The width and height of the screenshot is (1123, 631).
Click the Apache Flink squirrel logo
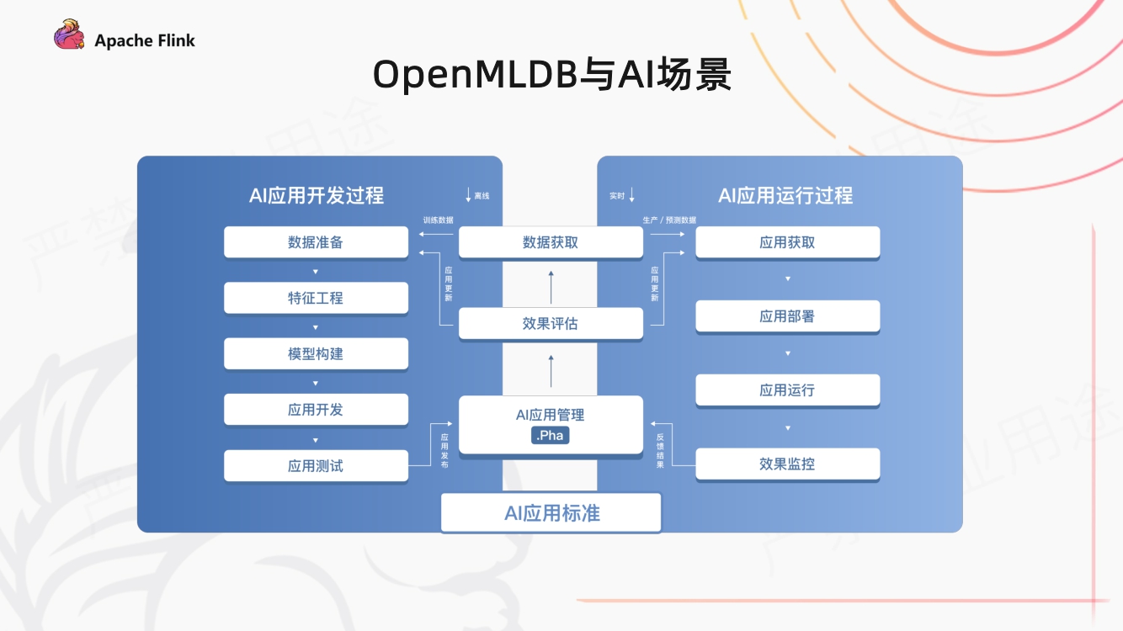(x=69, y=36)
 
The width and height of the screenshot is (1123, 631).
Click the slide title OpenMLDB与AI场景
(x=552, y=75)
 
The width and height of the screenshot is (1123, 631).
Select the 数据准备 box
(x=316, y=242)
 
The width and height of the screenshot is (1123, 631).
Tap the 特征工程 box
(x=316, y=298)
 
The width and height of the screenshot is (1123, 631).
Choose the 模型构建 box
(x=316, y=354)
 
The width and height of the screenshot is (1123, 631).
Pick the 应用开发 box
(x=316, y=410)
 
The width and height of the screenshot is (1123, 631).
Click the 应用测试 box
(x=316, y=465)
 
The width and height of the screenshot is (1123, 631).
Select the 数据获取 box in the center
(x=551, y=242)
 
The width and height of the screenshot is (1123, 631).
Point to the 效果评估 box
(x=551, y=323)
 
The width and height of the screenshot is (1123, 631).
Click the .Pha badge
(x=551, y=435)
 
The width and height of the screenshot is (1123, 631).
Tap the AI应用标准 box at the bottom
(x=551, y=513)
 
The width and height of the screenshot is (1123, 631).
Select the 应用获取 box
(x=787, y=242)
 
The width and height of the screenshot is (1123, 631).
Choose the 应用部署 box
(x=787, y=316)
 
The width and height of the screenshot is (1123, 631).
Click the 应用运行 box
(x=787, y=390)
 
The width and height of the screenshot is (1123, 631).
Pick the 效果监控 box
(x=787, y=464)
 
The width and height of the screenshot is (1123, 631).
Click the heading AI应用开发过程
(x=316, y=196)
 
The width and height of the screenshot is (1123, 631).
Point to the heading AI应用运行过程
(x=785, y=196)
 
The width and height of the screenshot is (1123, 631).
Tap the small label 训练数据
(x=438, y=220)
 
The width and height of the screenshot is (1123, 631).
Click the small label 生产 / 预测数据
(x=669, y=220)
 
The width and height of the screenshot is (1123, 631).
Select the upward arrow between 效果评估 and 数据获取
(x=551, y=287)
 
